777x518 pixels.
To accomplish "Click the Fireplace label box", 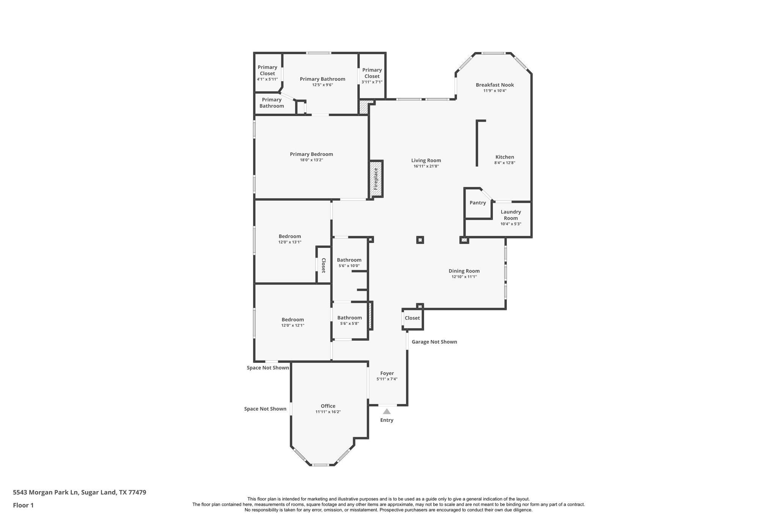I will [376, 179].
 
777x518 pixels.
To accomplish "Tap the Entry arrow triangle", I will [387, 411].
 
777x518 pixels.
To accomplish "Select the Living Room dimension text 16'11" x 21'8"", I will [426, 166].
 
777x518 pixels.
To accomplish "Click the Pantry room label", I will [478, 203].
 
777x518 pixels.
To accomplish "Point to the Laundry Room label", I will [511, 215].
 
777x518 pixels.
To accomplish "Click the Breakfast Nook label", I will [495, 85].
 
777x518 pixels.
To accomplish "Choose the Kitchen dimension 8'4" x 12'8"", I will [505, 163].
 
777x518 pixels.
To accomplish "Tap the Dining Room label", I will [464, 271].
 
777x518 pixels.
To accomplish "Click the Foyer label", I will [387, 373].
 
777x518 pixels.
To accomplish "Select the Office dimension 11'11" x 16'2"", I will [328, 412].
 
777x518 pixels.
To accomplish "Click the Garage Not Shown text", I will [434, 342].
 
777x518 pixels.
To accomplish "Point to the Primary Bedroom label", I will [311, 154].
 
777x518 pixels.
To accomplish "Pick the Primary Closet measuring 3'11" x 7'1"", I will [372, 76].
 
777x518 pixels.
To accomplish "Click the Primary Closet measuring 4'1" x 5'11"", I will [267, 73].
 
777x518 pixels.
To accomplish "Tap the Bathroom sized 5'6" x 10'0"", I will [349, 263].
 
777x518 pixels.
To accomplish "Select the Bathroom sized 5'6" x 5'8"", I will [349, 320].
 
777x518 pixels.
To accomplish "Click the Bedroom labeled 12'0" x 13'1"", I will [290, 239].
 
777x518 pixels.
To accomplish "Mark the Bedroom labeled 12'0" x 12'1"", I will [293, 322].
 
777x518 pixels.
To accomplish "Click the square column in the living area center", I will [420, 240].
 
